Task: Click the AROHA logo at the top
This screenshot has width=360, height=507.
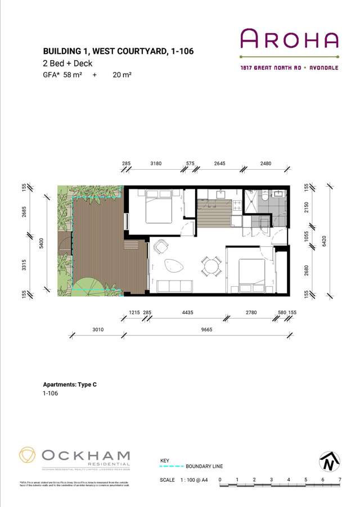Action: click(x=290, y=39)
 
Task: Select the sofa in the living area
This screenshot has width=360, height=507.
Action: click(x=174, y=286)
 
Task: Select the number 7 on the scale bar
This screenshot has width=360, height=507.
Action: click(x=340, y=479)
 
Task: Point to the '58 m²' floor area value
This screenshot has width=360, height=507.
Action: click(x=72, y=75)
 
